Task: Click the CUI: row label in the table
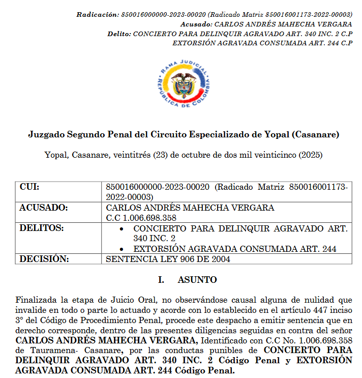29,187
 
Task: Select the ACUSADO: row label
43,208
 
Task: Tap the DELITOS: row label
42,228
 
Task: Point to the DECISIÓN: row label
44,259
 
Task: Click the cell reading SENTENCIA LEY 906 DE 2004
168,259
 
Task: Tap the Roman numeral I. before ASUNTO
161,280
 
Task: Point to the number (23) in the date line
161,155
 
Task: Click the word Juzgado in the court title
45,135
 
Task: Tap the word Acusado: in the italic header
197,24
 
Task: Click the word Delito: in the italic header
119,34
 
